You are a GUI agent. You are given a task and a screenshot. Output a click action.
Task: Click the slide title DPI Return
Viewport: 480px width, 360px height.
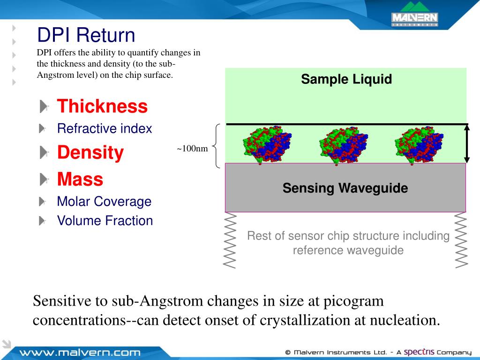(86, 35)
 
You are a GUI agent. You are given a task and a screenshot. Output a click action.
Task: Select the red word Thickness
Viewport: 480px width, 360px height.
(102, 106)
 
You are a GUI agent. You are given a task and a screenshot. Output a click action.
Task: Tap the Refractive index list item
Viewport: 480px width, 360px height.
(105, 128)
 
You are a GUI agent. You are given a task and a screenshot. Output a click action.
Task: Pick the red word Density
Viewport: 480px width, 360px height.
(90, 152)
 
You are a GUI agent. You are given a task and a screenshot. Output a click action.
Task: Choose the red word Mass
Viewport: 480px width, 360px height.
(80, 179)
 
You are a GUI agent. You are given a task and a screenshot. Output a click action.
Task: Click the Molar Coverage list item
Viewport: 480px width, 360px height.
(104, 202)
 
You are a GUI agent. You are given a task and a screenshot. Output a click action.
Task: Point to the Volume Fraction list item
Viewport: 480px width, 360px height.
(105, 221)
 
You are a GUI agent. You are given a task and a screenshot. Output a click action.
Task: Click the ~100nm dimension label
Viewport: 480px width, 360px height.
(192, 149)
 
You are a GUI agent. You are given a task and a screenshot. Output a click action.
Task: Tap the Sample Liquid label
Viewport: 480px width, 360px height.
(346, 79)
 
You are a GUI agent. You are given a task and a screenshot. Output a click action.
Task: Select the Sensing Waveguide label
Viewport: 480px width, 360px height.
(345, 188)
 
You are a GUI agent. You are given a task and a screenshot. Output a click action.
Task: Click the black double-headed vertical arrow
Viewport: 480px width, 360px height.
(466, 143)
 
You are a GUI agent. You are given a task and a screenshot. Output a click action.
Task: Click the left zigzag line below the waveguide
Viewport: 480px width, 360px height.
(230, 240)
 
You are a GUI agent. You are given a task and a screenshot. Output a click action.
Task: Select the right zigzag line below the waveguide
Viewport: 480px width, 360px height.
(461, 240)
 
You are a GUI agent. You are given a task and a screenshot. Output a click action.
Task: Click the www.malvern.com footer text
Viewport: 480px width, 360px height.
(80, 352)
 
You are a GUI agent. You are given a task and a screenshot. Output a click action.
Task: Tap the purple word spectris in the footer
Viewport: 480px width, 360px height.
(419, 352)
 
